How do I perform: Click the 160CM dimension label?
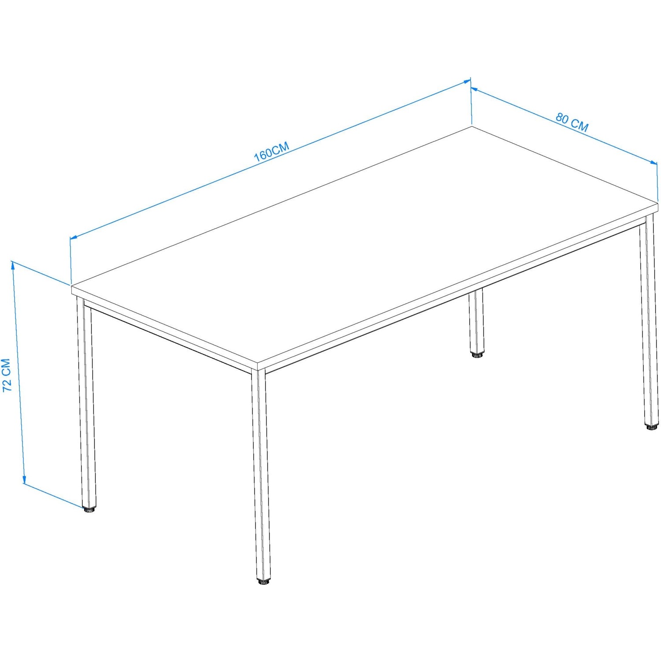(271, 152)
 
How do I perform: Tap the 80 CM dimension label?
(572, 123)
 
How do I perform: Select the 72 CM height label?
(7, 375)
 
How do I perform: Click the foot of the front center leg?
(264, 582)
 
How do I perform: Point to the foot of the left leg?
(90, 510)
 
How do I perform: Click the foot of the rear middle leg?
(476, 354)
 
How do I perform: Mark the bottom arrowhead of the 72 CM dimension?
(24, 480)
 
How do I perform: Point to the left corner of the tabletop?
(71, 286)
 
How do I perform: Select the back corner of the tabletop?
(472, 127)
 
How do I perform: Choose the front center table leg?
(261, 476)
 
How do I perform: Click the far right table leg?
(648, 322)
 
